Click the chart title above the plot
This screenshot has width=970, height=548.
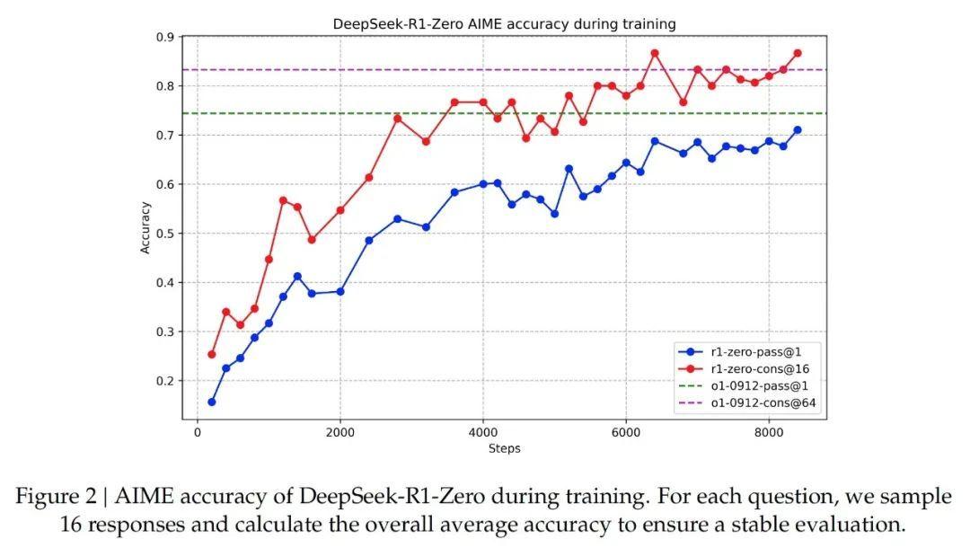pos(504,23)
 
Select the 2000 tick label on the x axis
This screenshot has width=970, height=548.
pos(339,432)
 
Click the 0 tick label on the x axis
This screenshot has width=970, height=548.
pos(198,432)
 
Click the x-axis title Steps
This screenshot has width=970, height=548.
pos(504,448)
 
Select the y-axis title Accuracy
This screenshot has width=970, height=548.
pos(145,227)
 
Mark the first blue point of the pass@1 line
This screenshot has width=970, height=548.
pos(212,402)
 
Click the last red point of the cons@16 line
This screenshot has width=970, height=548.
pos(797,54)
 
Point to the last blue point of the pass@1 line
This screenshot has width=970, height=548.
pos(797,130)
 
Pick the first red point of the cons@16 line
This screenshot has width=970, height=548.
pos(212,354)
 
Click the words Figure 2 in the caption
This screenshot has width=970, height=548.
pos(57,497)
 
